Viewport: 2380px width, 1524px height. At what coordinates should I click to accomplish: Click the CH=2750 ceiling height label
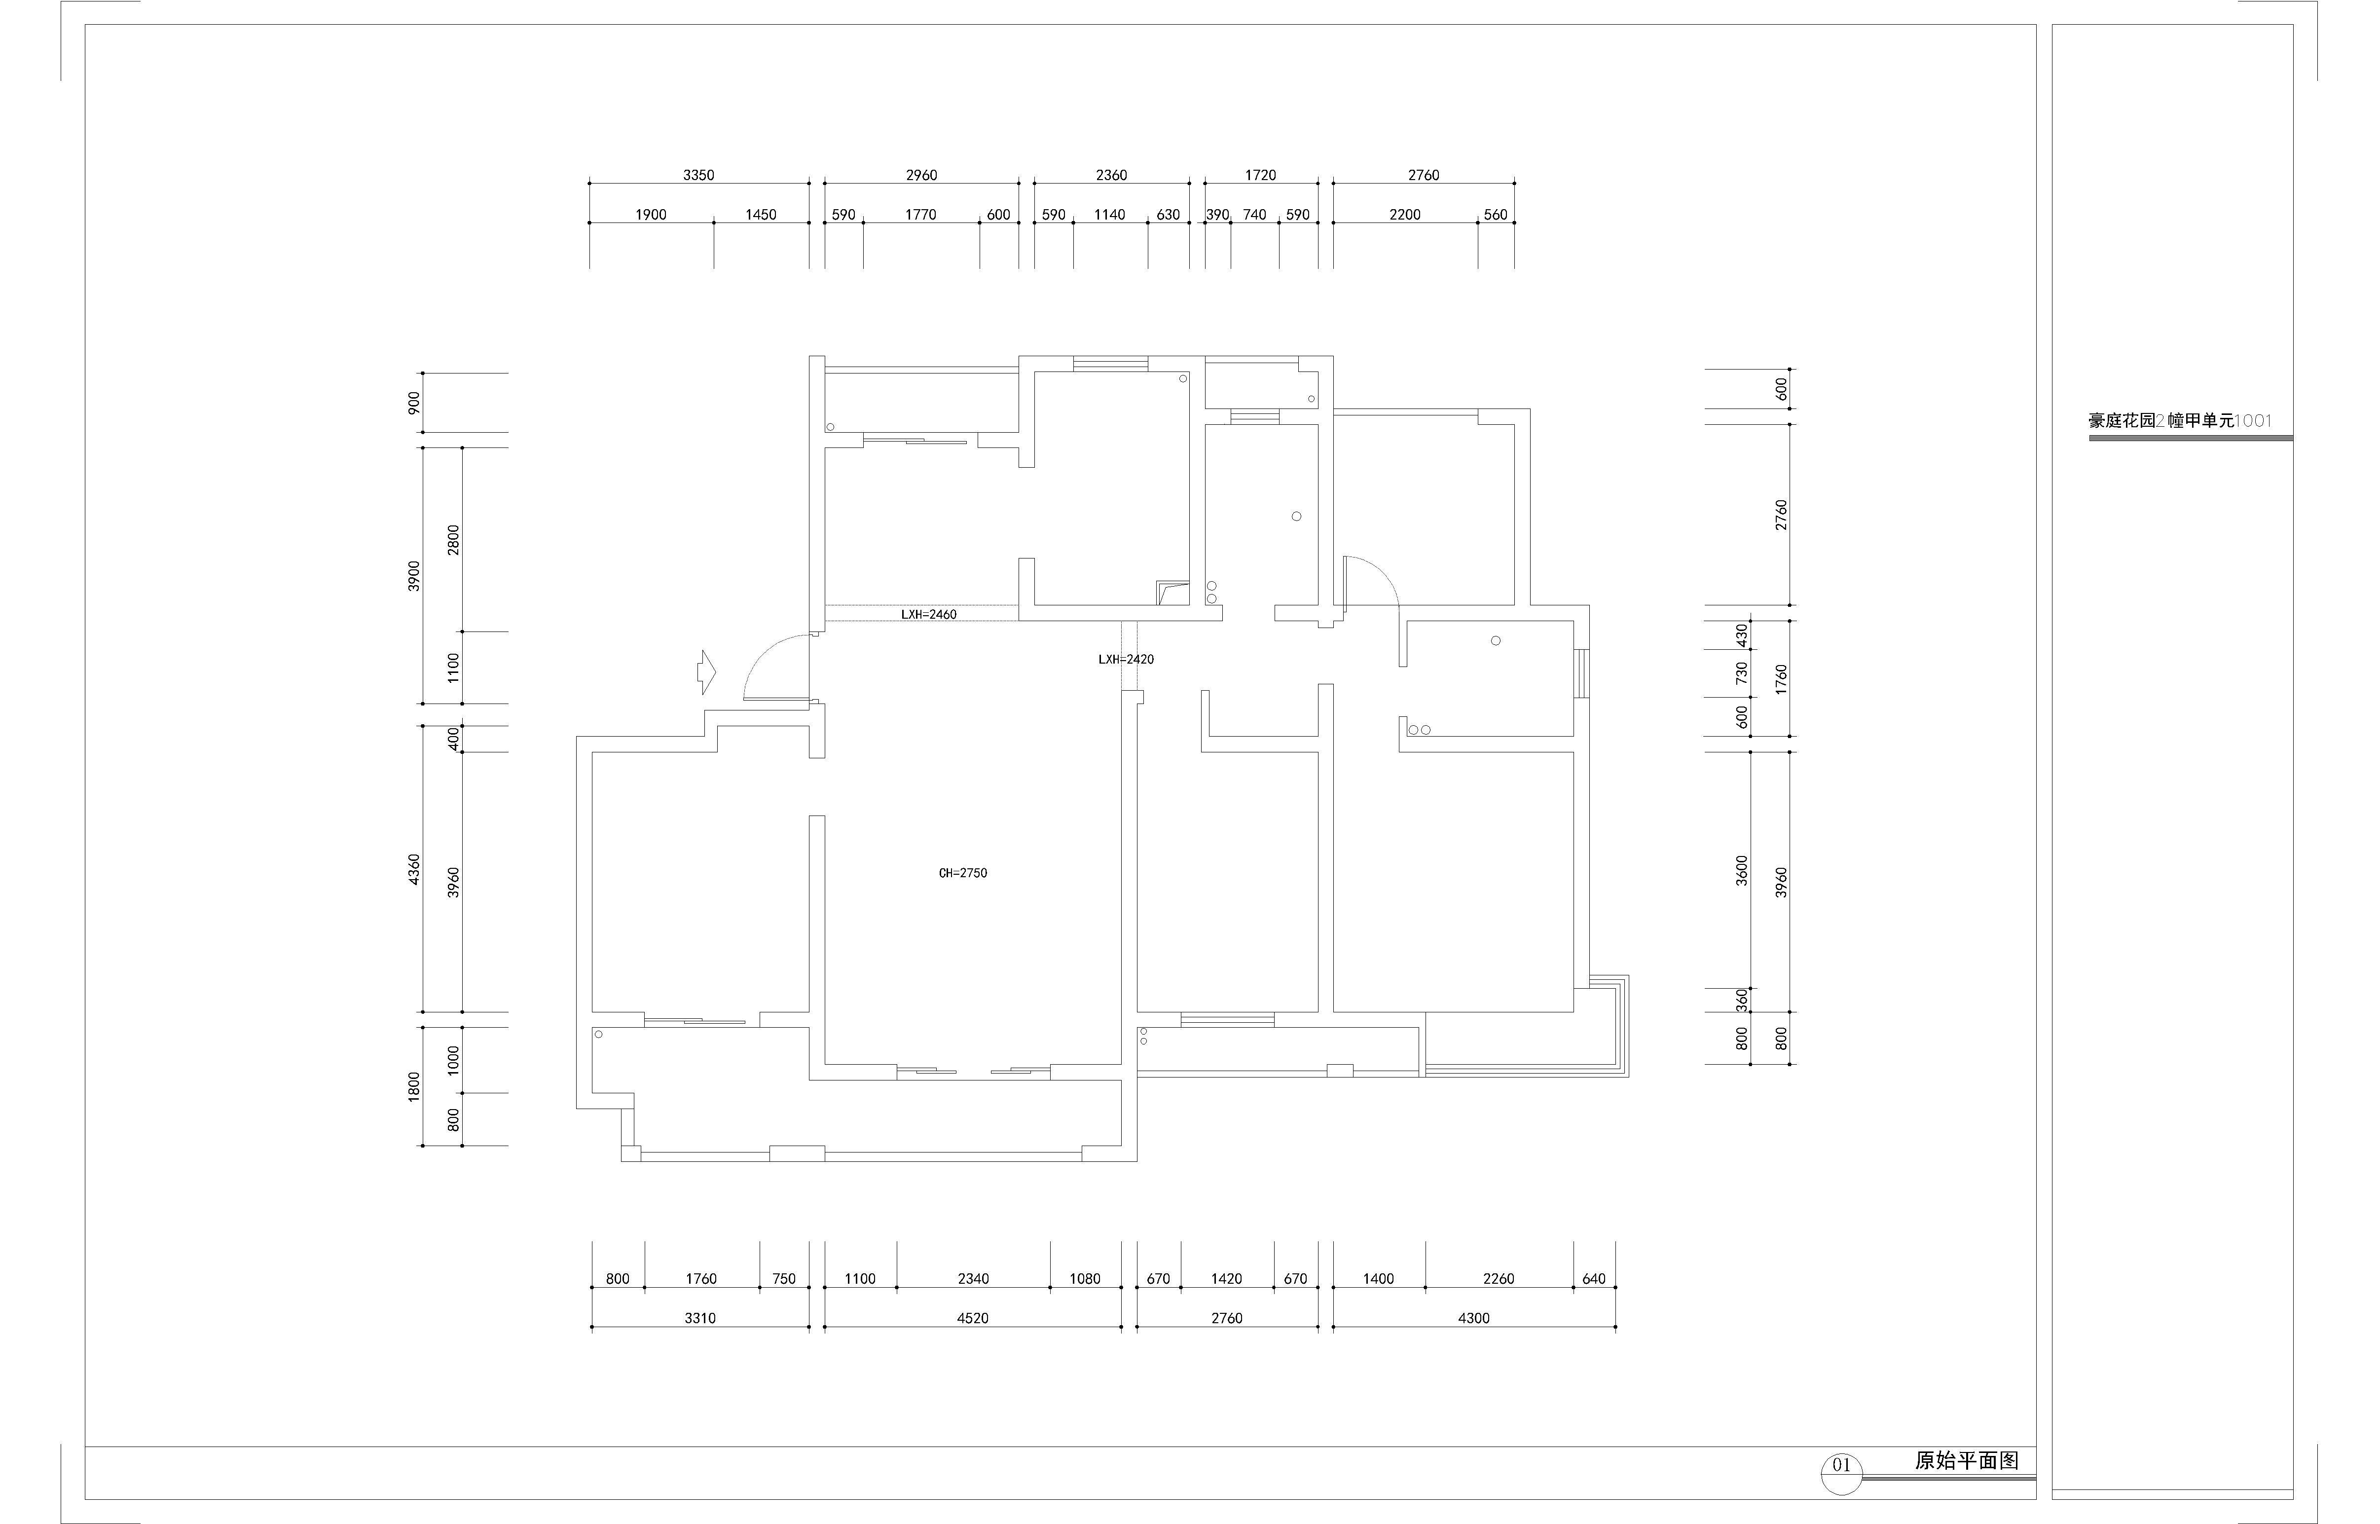point(962,873)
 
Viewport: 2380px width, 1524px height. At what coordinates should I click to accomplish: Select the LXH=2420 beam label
point(1126,659)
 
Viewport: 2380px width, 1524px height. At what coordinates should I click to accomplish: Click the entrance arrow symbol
point(706,672)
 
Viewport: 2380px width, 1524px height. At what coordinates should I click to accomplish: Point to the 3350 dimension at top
point(698,175)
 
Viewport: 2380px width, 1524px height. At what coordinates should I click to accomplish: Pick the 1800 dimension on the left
point(414,1085)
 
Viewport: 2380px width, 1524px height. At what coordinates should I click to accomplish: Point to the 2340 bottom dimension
point(973,1279)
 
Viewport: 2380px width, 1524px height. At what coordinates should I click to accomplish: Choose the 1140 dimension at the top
point(1110,215)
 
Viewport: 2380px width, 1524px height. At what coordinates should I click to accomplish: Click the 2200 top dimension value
point(1405,215)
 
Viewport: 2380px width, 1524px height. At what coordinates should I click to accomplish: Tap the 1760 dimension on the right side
point(1782,679)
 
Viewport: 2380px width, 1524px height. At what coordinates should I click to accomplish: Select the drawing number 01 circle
point(1841,1465)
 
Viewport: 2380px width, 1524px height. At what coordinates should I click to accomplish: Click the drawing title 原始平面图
point(1967,1461)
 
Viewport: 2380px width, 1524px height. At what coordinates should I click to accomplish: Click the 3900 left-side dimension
point(414,576)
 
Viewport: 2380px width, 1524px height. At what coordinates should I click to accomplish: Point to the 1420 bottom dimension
point(1227,1279)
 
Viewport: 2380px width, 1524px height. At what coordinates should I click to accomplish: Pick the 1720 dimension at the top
point(1260,175)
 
